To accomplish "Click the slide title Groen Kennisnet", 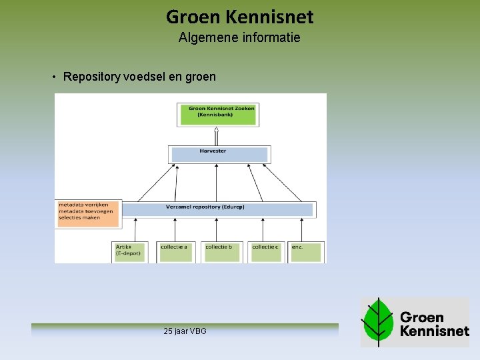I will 239,16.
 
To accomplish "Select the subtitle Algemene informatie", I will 239,38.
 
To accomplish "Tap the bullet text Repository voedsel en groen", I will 139,77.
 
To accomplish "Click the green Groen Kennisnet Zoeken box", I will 217,115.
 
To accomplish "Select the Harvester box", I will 219,155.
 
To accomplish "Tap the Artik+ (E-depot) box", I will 130,251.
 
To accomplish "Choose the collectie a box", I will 176,251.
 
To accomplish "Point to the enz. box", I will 305,251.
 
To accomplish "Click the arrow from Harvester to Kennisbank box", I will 217,136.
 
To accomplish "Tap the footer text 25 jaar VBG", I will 185,331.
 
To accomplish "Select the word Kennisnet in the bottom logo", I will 434,330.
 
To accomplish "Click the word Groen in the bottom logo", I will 422,316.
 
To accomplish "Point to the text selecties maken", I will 79,218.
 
